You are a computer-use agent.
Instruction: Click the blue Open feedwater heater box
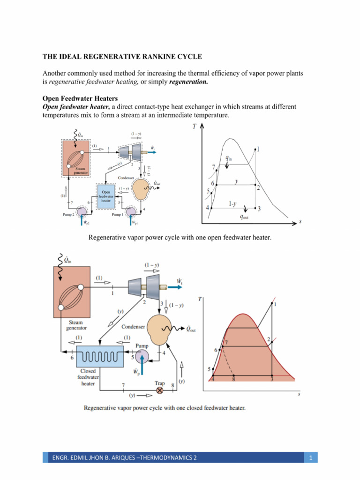105,196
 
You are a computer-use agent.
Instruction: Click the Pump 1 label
118,215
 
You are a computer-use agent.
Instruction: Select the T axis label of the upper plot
194,126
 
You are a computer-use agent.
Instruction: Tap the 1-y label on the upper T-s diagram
232,204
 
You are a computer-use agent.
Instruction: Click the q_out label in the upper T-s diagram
244,217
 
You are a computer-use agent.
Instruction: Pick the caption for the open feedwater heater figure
180,238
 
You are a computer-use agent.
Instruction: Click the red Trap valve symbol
160,390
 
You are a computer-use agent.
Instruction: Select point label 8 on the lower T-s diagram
233,380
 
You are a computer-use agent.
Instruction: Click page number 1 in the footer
310,457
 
